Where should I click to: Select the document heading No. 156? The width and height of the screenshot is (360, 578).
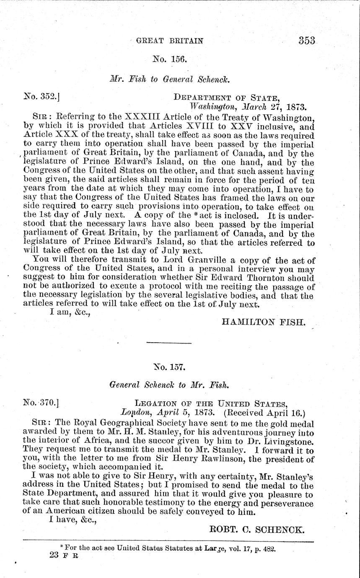169,60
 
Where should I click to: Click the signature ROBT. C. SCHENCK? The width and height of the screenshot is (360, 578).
256,529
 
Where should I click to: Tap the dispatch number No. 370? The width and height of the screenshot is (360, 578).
41,404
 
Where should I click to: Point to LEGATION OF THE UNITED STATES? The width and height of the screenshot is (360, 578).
211,404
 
